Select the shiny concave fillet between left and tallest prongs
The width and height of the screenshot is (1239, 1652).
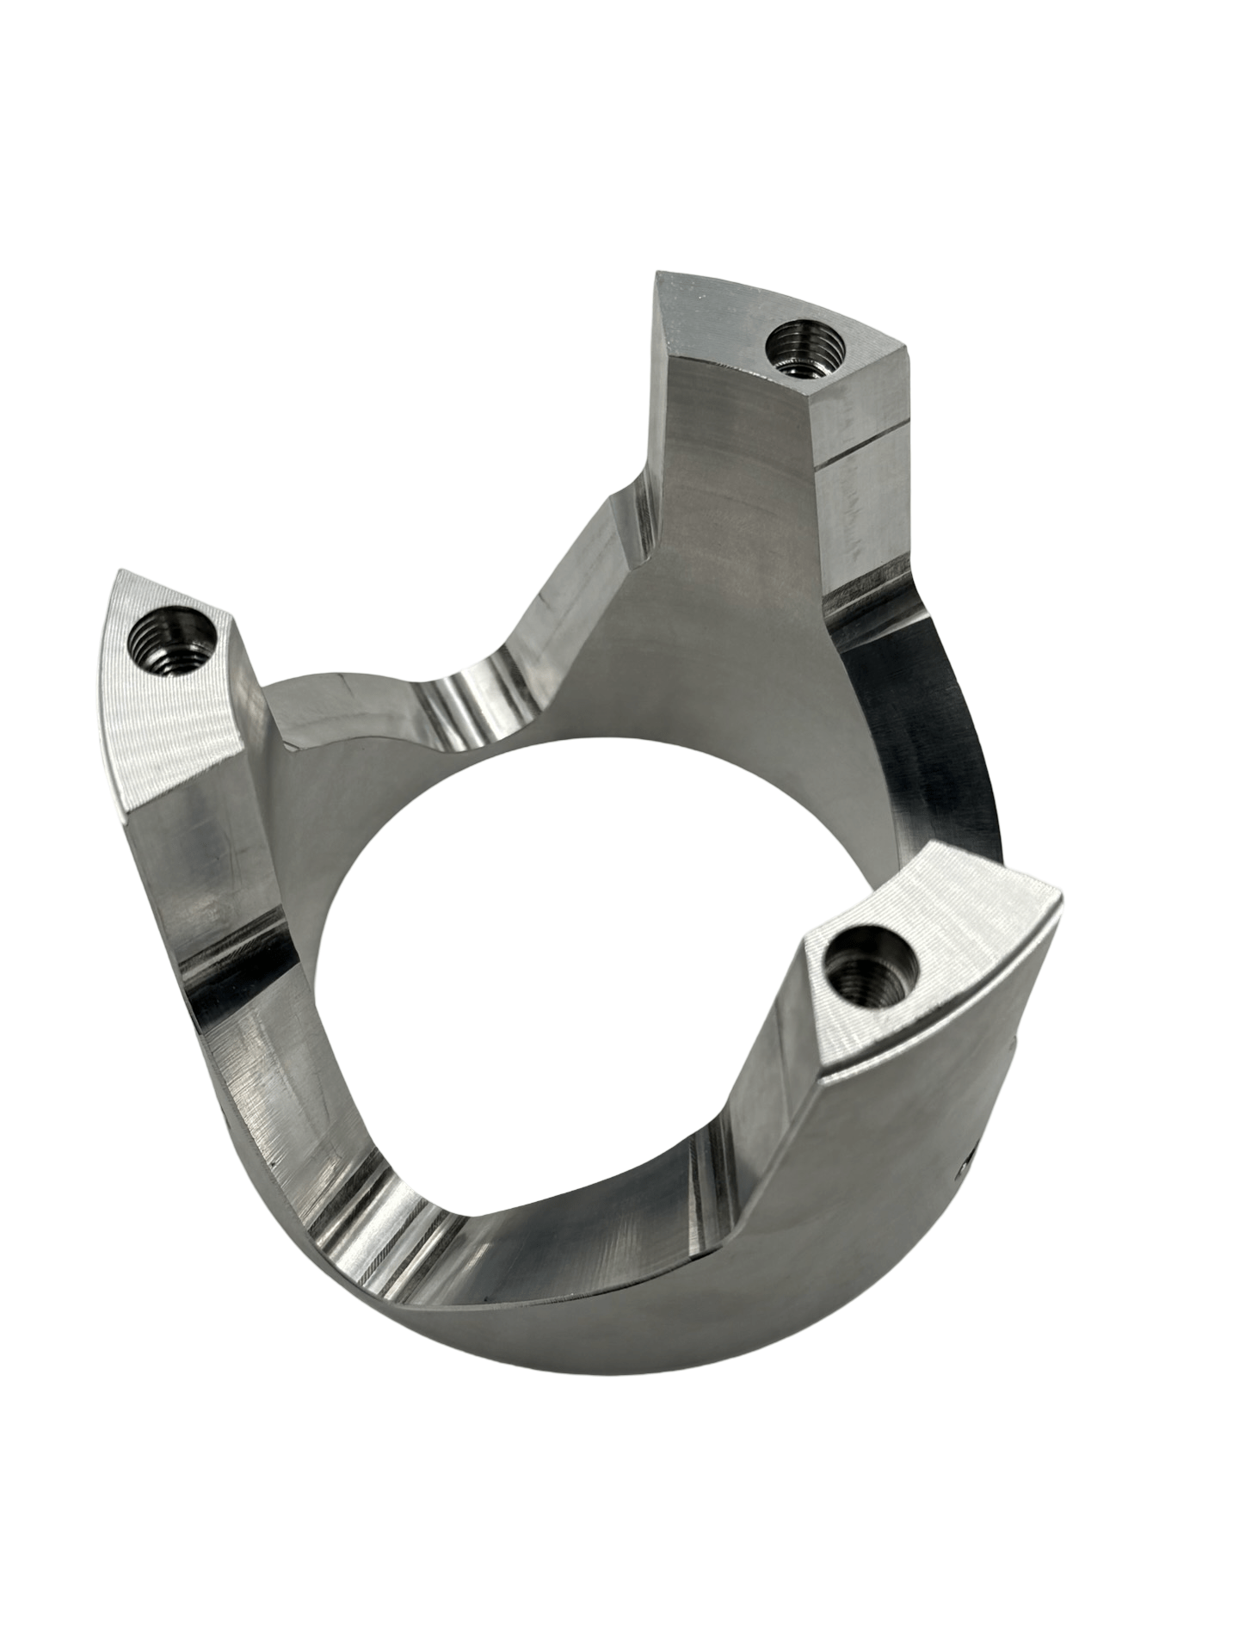pyautogui.click(x=469, y=697)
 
